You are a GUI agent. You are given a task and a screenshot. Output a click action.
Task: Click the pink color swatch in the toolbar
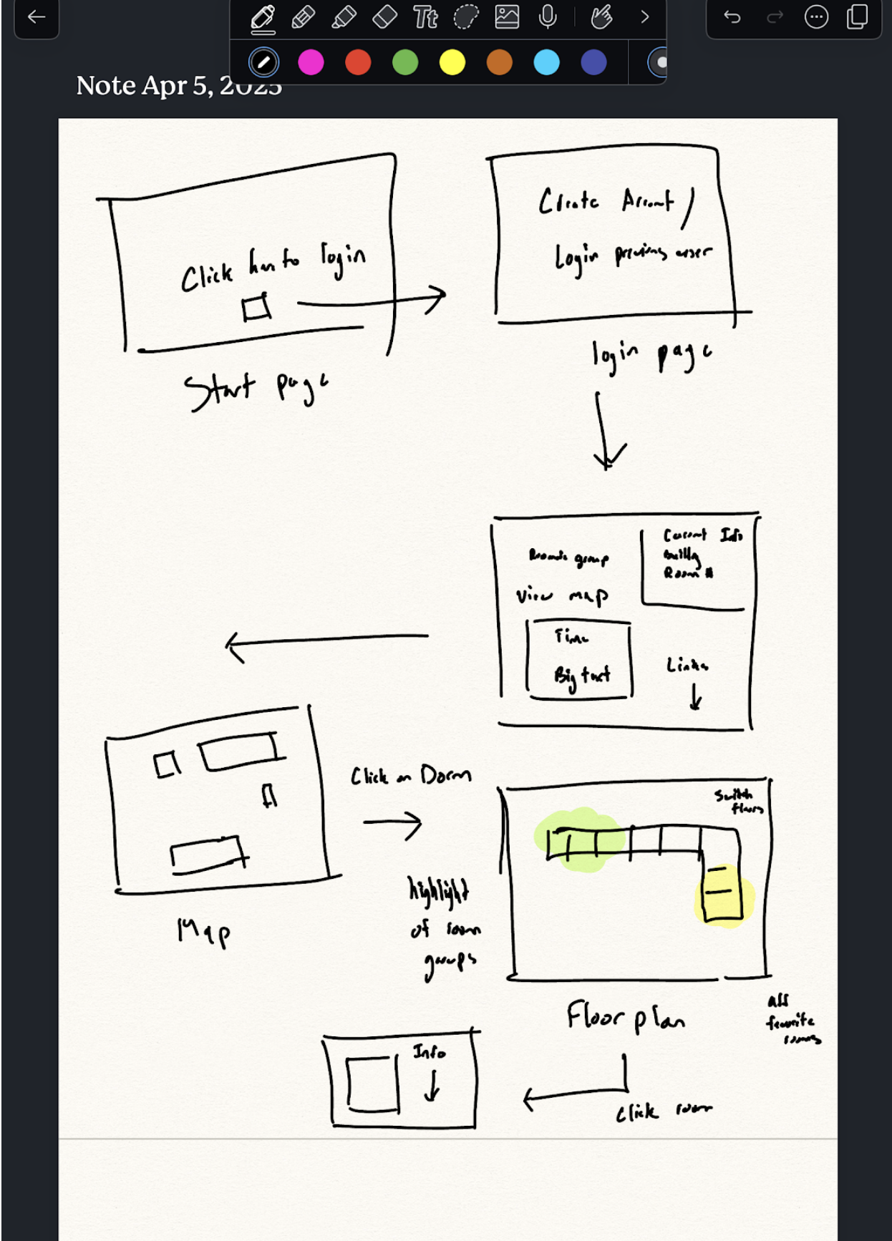point(311,62)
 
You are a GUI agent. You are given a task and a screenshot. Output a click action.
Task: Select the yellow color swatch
point(452,62)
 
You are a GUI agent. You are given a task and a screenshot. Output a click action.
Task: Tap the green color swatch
point(405,62)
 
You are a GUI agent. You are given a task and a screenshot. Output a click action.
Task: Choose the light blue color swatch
point(546,62)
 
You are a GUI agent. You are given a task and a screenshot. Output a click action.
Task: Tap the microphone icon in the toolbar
point(548,16)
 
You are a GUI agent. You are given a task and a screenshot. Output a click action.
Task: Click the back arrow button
point(36,17)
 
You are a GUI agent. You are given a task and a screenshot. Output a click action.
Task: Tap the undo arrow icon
point(732,16)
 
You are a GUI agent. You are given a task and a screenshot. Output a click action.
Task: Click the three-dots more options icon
point(816,16)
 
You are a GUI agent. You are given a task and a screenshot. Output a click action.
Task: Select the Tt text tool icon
point(425,16)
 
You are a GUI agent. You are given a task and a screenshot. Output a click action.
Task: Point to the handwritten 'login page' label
point(651,355)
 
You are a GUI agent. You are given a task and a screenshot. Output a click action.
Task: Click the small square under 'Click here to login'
point(256,307)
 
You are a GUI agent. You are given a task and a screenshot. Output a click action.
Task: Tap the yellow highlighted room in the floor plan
point(723,892)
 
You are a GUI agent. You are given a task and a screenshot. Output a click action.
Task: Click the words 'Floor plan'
point(625,1016)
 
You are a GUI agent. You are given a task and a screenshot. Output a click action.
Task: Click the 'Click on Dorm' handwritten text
point(410,776)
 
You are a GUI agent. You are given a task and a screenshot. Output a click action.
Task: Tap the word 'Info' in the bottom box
point(429,1051)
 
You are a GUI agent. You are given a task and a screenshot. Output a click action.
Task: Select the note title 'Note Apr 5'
point(179,86)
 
